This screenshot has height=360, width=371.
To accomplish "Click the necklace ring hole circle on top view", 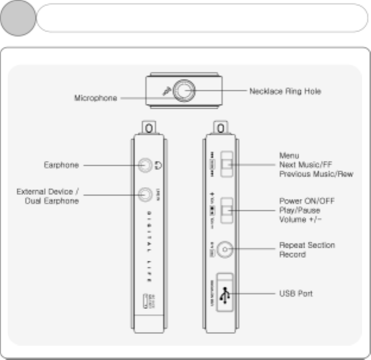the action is tap(186, 91).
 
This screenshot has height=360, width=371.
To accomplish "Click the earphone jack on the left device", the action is tap(145, 166).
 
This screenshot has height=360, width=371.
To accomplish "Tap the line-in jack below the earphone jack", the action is tap(145, 193).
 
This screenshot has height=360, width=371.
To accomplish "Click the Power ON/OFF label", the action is tap(307, 201).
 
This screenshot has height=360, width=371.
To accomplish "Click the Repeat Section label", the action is tap(307, 245).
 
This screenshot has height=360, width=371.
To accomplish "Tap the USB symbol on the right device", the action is tap(224, 293).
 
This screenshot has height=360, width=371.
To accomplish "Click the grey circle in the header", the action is tap(19, 18).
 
